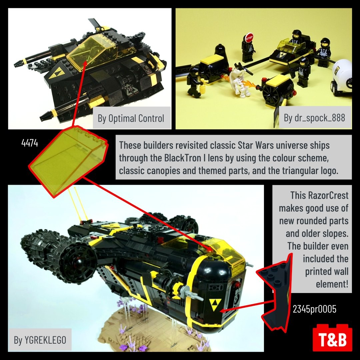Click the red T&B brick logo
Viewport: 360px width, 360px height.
coord(332,337)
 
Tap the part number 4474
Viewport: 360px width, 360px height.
coord(30,143)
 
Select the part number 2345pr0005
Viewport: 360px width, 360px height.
coord(314,309)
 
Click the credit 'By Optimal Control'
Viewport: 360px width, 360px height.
coord(131,118)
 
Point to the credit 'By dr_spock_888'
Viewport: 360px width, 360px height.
coord(314,118)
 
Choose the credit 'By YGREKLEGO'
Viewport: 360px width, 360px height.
coord(40,340)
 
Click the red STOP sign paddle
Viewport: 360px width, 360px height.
coord(249,37)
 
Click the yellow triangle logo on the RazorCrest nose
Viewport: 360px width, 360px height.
coord(215,304)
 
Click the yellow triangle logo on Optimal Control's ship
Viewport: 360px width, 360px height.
coord(56,72)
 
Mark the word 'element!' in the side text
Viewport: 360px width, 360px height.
coord(332,284)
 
